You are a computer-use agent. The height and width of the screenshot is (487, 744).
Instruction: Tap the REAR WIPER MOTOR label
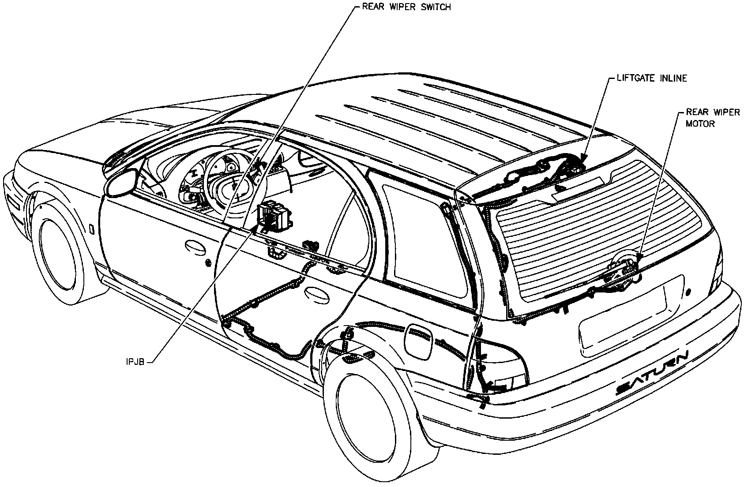pos(712,118)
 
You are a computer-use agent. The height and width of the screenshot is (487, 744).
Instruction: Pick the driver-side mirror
pos(121,182)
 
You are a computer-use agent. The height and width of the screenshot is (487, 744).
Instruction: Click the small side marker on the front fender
pos(91,229)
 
